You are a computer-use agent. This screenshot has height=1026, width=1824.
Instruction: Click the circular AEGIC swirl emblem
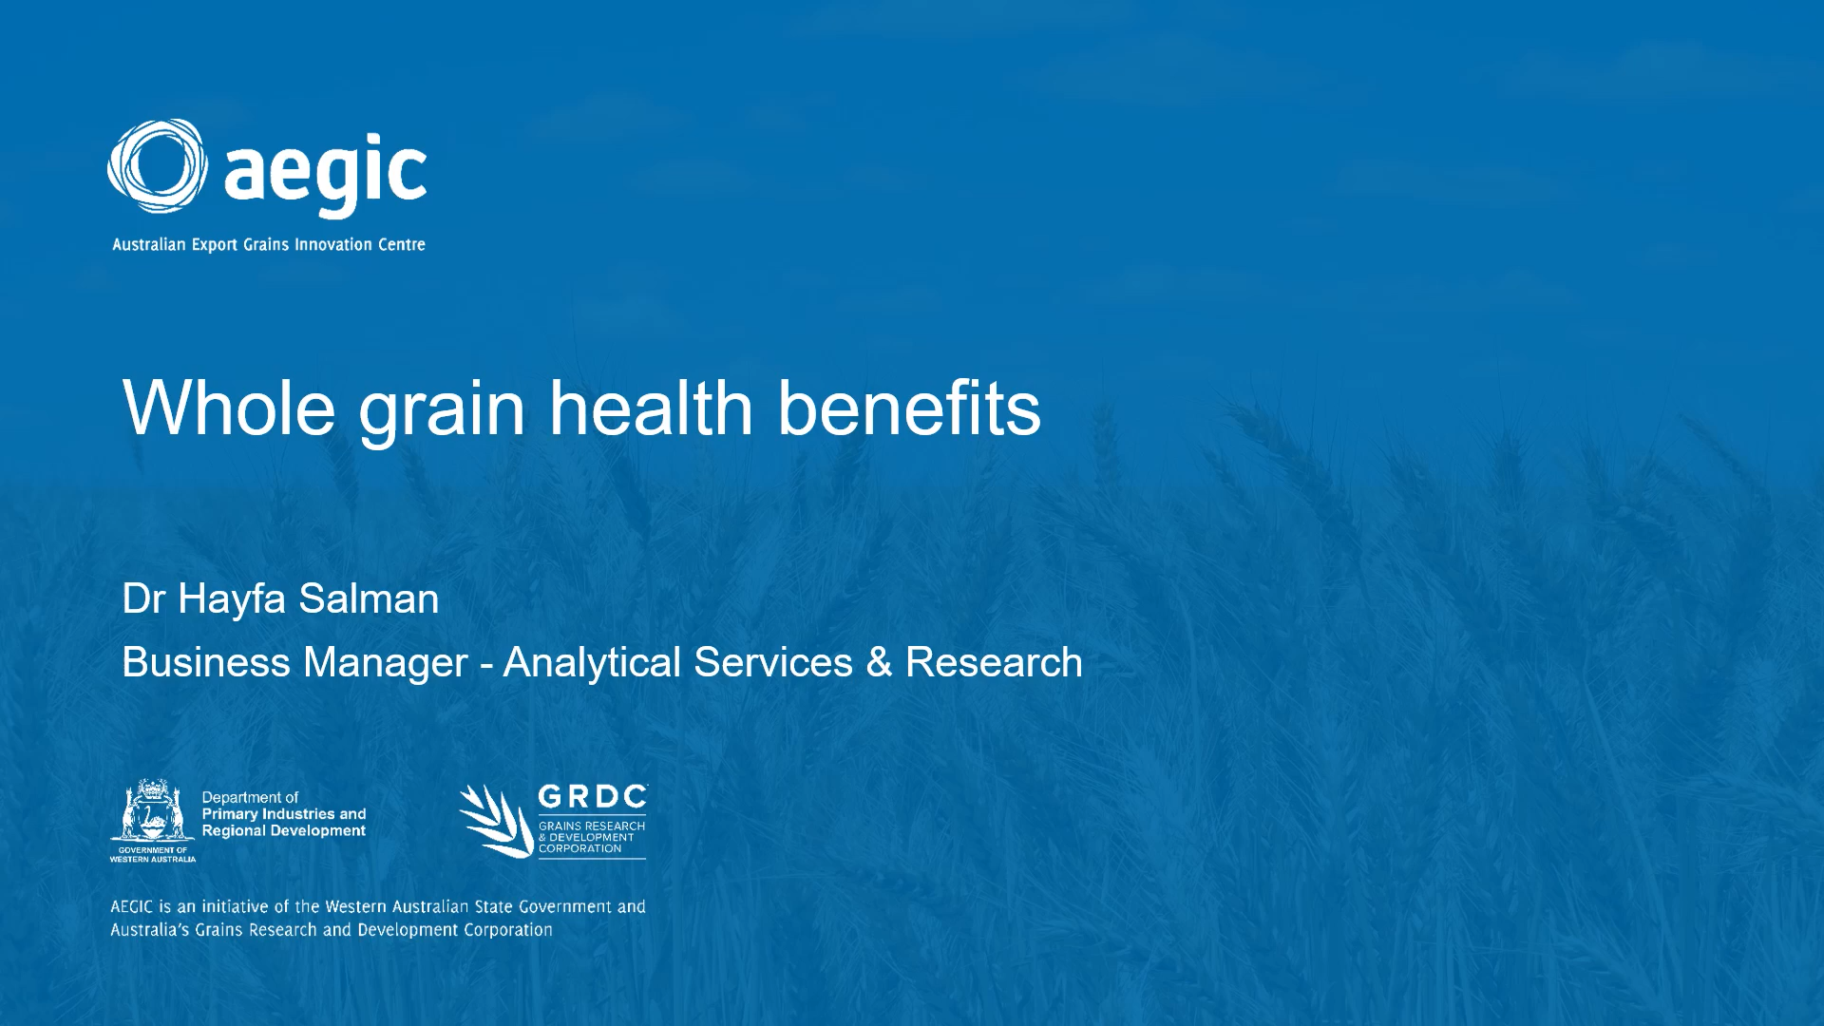(158, 166)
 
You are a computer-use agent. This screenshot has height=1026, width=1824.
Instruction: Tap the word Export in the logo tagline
(215, 245)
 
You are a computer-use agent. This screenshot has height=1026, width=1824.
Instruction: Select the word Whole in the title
(229, 408)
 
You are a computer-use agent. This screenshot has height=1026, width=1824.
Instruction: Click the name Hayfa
(232, 600)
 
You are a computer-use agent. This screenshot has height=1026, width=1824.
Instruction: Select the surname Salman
(369, 598)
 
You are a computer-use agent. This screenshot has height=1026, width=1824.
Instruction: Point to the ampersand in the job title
(879, 662)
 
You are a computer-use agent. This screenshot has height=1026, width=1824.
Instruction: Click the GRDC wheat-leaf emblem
(496, 821)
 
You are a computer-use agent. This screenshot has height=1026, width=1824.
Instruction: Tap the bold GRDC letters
(593, 797)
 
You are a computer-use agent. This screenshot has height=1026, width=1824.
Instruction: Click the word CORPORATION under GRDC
(579, 848)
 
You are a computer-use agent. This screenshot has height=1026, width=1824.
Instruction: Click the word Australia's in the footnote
(150, 930)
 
